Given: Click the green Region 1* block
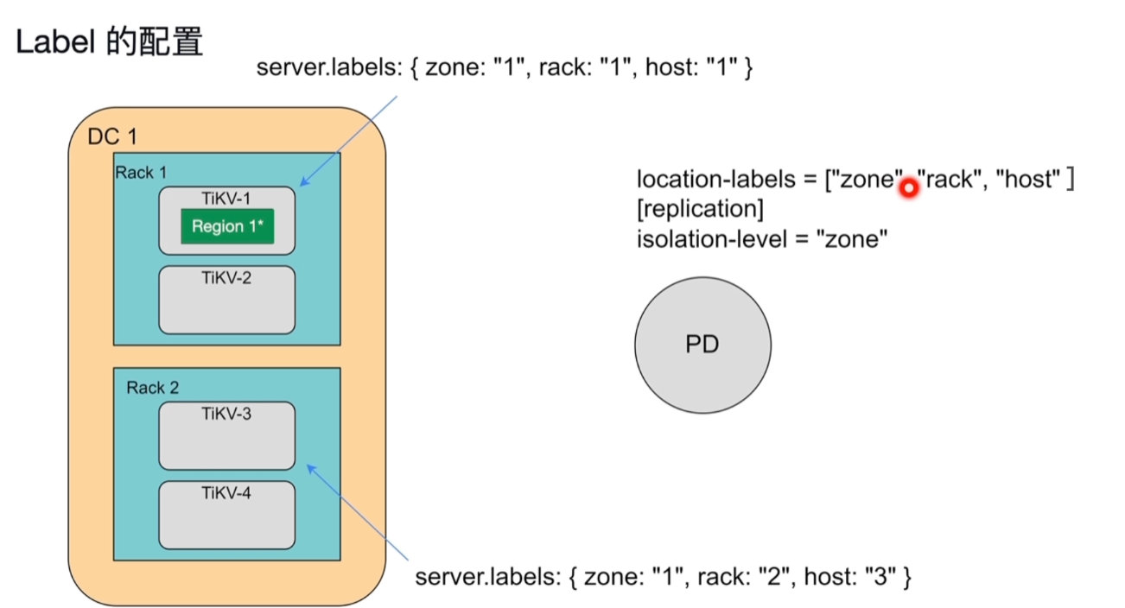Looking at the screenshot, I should [226, 226].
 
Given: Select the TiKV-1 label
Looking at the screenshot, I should [226, 198].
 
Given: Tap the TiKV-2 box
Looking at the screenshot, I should [226, 300].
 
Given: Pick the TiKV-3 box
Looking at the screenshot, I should [226, 435].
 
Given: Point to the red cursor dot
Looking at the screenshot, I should [908, 187].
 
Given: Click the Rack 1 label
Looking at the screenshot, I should [135, 173].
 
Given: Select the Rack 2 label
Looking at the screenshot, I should [152, 388].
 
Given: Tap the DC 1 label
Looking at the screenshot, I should [112, 137].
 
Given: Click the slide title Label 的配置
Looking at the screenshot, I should [109, 42].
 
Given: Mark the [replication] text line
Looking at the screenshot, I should [701, 209].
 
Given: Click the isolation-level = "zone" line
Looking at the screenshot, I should [762, 237].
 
